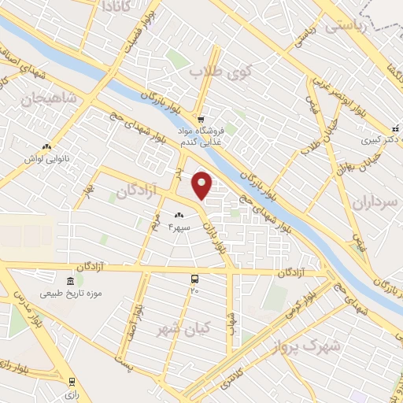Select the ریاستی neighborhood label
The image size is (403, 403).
tap(346, 24)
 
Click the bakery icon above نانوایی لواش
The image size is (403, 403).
tap(47, 146)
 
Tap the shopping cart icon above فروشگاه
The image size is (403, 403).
tap(201, 119)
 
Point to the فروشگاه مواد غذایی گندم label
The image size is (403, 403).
tap(201, 135)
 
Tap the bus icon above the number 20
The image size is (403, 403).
tap(194, 279)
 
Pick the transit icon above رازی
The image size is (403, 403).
tap(72, 381)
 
